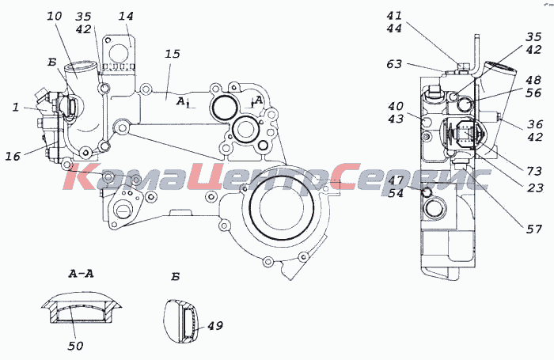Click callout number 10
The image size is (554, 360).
55,16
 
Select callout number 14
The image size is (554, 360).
126,16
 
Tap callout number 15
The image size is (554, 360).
172,54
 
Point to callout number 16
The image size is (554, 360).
13,156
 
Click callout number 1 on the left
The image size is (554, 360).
16,107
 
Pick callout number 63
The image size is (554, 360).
394,64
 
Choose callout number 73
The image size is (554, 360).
534,171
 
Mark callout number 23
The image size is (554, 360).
535,188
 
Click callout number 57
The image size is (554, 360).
534,229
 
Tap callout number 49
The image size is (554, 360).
214,325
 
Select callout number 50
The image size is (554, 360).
75,346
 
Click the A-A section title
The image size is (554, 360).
81,274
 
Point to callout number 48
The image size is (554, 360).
533,80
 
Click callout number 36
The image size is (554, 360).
535,124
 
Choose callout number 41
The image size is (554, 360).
394,16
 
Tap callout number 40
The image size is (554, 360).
396,106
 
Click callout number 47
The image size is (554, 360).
396,180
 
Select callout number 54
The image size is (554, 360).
396,193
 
